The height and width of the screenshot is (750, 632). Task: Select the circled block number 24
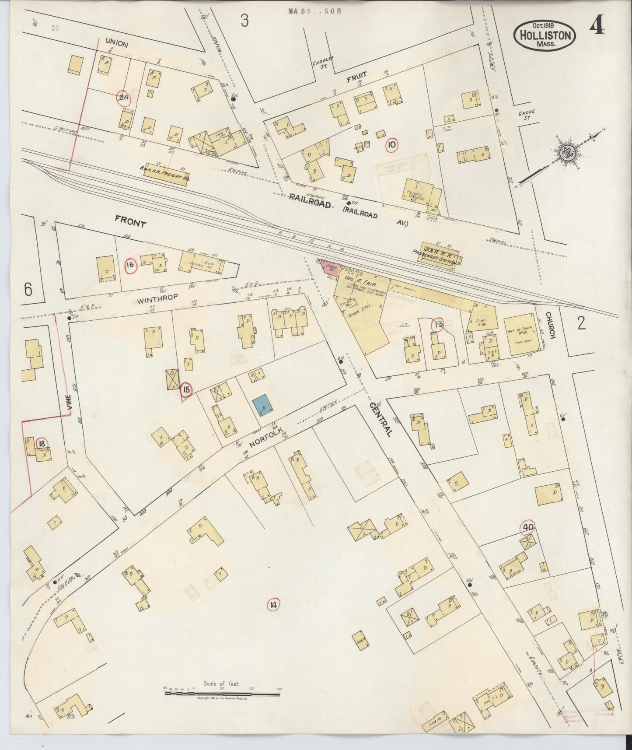pyautogui.click(x=123, y=98)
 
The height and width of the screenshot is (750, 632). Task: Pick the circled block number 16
pyautogui.click(x=130, y=265)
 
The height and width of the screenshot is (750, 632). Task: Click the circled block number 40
pyautogui.click(x=527, y=528)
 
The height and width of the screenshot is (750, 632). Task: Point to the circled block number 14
pyautogui.click(x=273, y=605)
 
